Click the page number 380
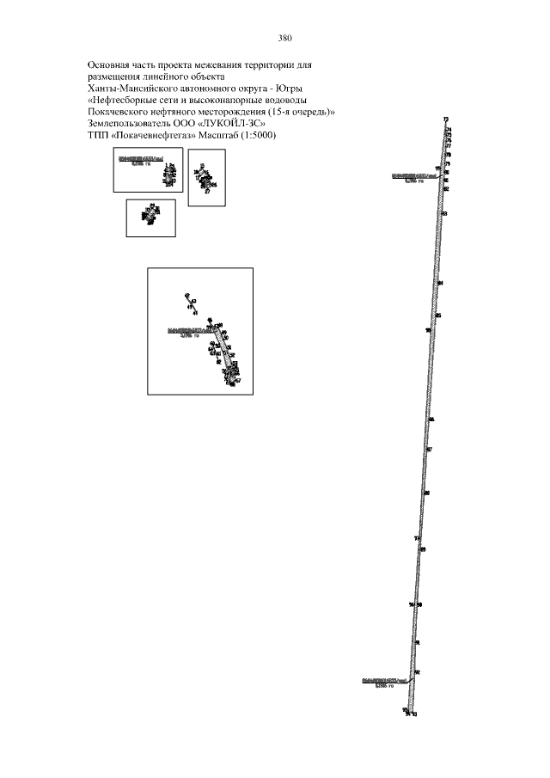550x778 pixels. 286,38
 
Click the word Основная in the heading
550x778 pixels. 111,65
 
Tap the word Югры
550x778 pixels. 293,89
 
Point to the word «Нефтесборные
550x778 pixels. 129,100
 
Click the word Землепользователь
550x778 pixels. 129,122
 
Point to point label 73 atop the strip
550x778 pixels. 446,119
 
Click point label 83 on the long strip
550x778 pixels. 444,213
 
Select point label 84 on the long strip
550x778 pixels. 440,283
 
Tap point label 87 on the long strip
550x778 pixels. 429,449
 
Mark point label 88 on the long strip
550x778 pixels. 426,493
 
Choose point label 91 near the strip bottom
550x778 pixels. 417,642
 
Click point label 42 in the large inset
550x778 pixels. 186,296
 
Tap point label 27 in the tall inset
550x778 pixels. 207,192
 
